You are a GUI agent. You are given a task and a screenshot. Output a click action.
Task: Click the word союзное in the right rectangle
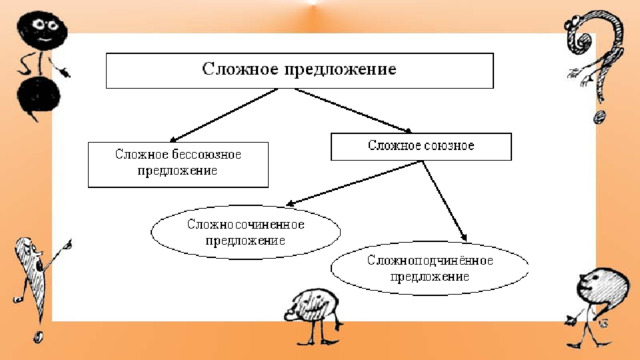[447, 145]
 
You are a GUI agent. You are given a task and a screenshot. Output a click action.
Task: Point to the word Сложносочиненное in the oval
[246, 224]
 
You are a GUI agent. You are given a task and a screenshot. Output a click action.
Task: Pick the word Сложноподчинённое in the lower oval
[430, 260]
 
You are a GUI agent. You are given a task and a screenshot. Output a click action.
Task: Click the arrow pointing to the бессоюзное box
[223, 115]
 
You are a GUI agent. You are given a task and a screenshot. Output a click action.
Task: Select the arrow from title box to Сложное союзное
[353, 111]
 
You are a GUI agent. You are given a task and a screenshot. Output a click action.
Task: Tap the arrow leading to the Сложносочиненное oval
[353, 183]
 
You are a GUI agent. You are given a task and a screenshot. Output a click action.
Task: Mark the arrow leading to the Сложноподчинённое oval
[444, 201]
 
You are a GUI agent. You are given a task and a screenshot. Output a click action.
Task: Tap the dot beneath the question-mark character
[599, 118]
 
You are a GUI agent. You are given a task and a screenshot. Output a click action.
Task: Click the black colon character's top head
[42, 30]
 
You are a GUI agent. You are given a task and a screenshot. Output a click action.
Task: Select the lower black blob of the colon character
[38, 96]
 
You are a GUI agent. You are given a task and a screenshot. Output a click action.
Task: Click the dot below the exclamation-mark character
[38, 336]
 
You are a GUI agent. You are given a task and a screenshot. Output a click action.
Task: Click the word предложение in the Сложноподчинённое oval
[430, 277]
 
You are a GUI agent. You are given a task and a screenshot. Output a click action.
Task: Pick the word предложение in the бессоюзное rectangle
[178, 171]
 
